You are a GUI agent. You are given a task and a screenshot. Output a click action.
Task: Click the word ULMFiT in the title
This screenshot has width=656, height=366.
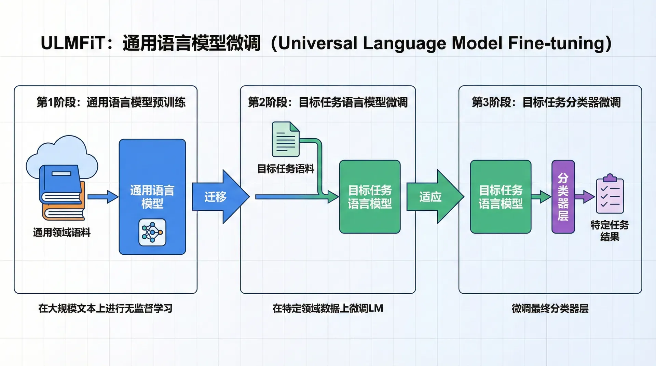tap(73, 43)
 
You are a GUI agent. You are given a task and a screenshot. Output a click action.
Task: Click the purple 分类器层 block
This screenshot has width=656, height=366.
tap(563, 197)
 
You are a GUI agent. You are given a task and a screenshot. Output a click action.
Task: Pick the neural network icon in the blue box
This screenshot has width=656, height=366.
tap(152, 233)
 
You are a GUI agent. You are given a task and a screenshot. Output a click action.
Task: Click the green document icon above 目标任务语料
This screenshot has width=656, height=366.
tap(286, 139)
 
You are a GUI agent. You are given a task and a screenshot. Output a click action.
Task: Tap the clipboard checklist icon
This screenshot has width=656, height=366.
tap(610, 195)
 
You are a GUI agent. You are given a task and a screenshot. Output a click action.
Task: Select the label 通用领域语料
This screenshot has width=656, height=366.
tap(62, 233)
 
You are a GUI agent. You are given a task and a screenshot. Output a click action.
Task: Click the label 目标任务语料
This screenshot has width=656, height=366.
tap(286, 169)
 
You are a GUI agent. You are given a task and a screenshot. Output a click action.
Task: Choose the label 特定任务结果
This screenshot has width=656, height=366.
tap(610, 231)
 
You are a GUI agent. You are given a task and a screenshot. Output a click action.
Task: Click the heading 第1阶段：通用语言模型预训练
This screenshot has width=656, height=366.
tap(111, 102)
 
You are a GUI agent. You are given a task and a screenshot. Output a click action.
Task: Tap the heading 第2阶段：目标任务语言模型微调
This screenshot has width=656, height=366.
tap(328, 102)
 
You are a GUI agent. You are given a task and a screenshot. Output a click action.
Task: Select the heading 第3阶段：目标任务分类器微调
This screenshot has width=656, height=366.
tap(546, 102)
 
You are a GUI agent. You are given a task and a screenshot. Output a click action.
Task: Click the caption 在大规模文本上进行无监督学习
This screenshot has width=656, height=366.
tap(105, 309)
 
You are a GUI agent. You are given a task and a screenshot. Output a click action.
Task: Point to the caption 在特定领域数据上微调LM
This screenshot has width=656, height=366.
tap(328, 309)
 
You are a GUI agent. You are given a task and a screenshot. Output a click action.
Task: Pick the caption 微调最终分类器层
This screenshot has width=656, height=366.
tap(550, 309)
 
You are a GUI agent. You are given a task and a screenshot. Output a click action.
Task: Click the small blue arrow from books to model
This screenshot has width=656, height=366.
tap(102, 197)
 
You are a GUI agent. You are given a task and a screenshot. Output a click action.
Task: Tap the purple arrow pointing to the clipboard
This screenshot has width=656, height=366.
tap(585, 197)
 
